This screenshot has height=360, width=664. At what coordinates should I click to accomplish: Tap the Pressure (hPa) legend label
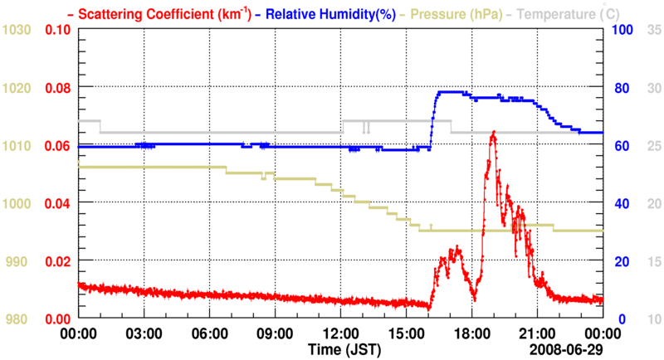457,14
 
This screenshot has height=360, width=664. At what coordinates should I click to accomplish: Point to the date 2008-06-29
568,348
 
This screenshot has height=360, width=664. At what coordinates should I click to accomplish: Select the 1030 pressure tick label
17,30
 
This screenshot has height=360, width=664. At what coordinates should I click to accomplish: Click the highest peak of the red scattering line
493,132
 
